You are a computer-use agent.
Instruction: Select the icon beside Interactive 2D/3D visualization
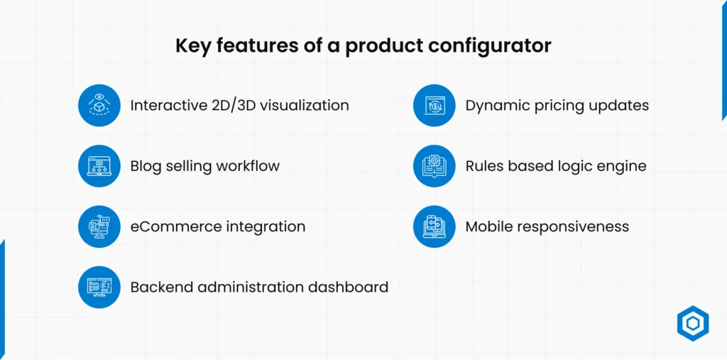click(99, 105)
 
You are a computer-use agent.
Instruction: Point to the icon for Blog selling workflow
click(99, 166)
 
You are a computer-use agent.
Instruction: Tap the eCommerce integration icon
click(99, 227)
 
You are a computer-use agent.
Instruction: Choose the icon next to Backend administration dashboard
click(99, 287)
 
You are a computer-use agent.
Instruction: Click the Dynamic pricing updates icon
click(434, 105)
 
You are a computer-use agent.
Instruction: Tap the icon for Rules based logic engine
click(434, 166)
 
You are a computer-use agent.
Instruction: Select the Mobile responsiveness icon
click(434, 227)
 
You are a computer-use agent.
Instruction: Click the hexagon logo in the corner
click(693, 323)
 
